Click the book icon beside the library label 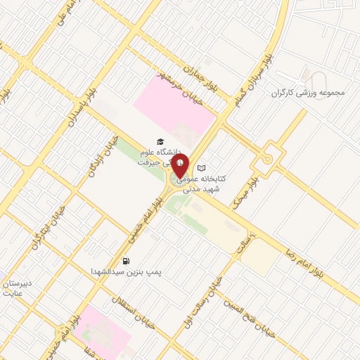point(202,169)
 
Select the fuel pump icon point(126,261)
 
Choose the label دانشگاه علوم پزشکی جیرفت point(160,157)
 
